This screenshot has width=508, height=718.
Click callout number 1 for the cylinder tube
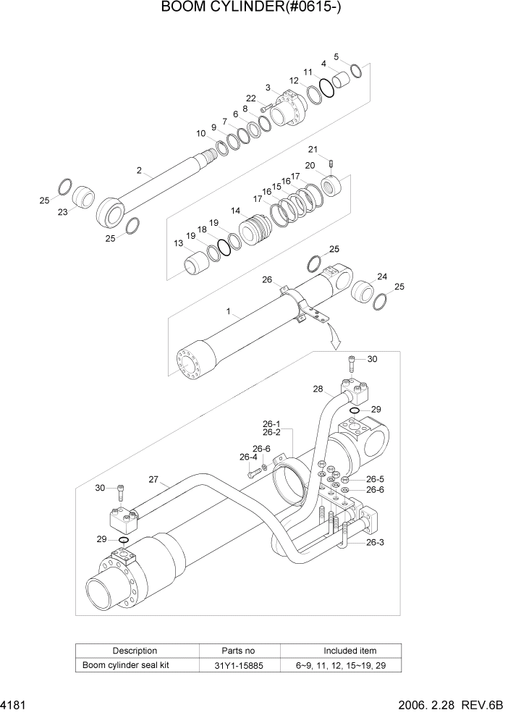(229, 312)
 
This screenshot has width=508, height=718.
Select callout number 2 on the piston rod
(138, 171)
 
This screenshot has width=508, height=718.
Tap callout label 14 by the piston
(236, 211)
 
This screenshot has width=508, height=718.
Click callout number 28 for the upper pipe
(317, 389)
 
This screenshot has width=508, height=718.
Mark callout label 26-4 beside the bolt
(249, 457)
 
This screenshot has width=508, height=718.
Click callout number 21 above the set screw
(313, 149)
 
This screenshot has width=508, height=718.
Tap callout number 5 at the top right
(336, 56)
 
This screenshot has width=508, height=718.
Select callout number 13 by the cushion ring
(178, 244)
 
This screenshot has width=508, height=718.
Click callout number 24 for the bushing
(382, 276)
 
